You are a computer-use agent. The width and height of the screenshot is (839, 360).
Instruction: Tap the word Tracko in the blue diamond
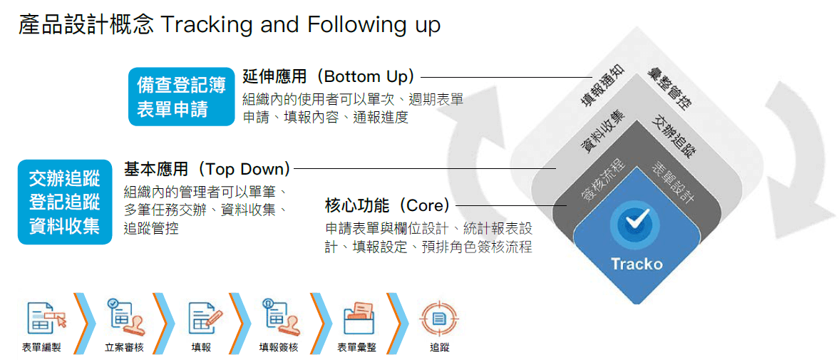637,264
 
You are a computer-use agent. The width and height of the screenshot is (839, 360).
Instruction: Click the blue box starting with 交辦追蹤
65,202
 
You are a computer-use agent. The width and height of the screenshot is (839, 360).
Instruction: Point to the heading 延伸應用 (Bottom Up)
329,77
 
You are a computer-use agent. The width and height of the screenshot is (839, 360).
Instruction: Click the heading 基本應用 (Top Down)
207,169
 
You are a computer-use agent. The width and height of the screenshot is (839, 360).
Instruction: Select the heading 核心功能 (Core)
388,205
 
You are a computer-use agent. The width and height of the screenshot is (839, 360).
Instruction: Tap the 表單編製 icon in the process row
46,316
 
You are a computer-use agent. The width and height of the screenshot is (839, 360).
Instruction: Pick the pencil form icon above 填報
205,317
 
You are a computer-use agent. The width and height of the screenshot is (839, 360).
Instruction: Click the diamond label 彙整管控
667,88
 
